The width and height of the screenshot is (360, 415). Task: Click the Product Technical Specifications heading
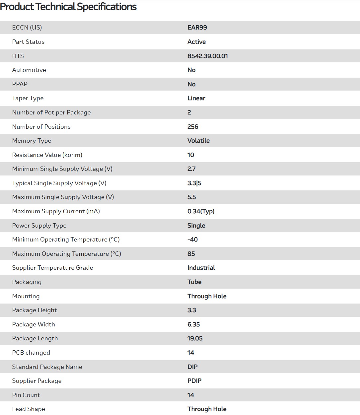tap(68, 7)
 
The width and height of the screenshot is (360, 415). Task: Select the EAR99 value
tap(197, 28)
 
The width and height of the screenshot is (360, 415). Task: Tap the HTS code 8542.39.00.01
tap(207, 56)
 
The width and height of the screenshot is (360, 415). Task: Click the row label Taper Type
tap(28, 98)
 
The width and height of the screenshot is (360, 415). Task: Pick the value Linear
tap(196, 98)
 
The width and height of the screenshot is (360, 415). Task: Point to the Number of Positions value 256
tap(192, 127)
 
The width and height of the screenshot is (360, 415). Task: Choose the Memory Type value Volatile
tap(198, 141)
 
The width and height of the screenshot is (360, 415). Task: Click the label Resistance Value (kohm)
tap(47, 155)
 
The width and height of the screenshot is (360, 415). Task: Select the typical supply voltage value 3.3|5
tap(194, 183)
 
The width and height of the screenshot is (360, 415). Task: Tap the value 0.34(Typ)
tap(201, 211)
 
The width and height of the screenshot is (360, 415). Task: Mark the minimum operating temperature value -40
tap(192, 240)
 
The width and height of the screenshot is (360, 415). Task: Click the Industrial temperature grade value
tap(201, 268)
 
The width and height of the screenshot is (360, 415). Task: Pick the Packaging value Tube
tap(194, 282)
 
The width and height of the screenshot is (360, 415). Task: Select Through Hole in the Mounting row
tap(207, 296)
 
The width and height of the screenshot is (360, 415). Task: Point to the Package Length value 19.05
tap(195, 338)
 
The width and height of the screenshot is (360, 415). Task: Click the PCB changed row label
tap(31, 353)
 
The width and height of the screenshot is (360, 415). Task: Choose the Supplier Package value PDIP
tap(194, 381)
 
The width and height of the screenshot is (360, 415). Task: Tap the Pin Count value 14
tap(190, 395)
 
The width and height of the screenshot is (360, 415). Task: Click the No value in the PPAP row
tap(191, 84)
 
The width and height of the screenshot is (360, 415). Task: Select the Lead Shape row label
tap(29, 409)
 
